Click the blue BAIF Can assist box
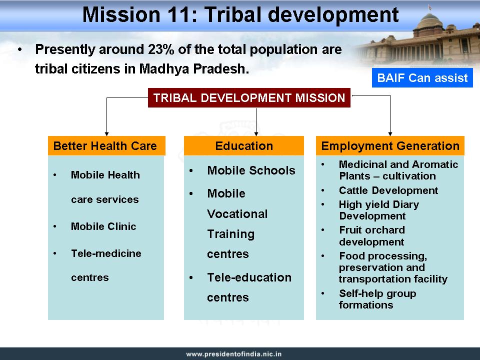tap(422, 78)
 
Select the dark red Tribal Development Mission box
tap(249, 97)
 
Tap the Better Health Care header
tap(106, 145)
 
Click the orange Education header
tap(243, 145)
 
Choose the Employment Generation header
tap(390, 145)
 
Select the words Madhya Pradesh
tap(194, 69)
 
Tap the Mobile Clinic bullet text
tap(103, 226)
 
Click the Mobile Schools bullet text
tap(251, 170)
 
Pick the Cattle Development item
tap(388, 190)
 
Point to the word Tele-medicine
tap(106, 253)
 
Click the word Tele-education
tap(249, 277)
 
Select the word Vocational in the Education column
tap(237, 213)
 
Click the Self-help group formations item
tap(377, 299)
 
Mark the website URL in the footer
tap(234, 354)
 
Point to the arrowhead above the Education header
tap(256, 134)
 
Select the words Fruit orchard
tap(372, 230)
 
